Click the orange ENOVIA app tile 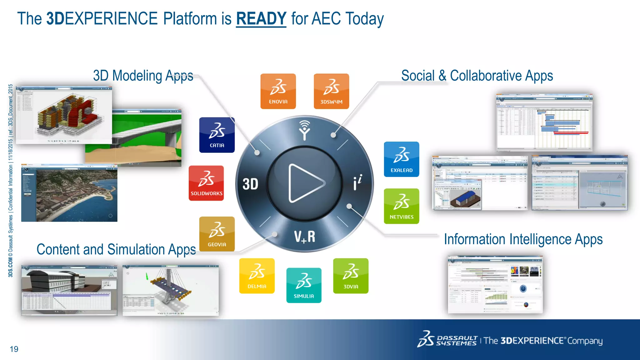pos(278,91)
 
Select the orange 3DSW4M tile pos(331,91)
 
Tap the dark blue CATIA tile pos(217,135)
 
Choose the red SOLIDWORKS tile pos(206,183)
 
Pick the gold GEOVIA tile pos(217,234)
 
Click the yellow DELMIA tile pos(257,276)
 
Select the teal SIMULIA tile pos(304,285)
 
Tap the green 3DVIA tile pos(351,276)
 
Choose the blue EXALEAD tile pos(401,159)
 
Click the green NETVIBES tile pos(401,206)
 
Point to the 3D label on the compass pos(250,184)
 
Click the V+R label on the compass pos(304,237)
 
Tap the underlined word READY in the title pos(261,19)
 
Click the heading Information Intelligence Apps pos(523,239)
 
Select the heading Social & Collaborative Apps pos(477,76)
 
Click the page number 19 pos(14,349)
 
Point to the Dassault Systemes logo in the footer pos(447,340)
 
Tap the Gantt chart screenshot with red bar pos(544,122)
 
